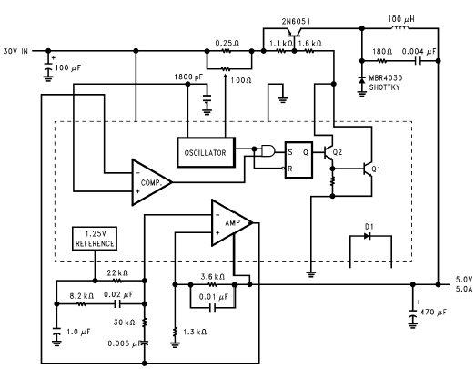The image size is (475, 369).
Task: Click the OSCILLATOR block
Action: (206, 152)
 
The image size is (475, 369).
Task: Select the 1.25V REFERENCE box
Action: (95, 239)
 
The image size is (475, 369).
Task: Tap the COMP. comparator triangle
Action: (152, 182)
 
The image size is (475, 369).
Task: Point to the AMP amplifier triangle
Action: (232, 222)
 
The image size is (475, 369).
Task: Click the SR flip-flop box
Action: (298, 159)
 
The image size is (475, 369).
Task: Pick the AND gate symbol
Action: (268, 150)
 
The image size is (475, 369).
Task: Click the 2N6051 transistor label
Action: (296, 21)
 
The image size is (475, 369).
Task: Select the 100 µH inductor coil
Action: (400, 27)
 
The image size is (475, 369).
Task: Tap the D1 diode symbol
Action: (368, 236)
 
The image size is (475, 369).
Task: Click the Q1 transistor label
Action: (376, 169)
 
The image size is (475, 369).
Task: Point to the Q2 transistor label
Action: (338, 152)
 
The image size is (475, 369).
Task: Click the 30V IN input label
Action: (15, 51)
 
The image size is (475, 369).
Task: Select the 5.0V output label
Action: (464, 280)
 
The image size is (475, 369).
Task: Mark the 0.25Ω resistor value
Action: (227, 43)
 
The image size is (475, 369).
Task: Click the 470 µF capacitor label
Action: (433, 312)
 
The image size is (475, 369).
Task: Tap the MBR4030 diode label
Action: (386, 77)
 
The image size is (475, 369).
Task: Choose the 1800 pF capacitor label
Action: (188, 77)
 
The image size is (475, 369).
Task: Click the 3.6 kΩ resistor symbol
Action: (212, 284)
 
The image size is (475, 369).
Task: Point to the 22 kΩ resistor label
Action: (117, 272)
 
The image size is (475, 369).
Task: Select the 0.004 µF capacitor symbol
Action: (419, 61)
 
